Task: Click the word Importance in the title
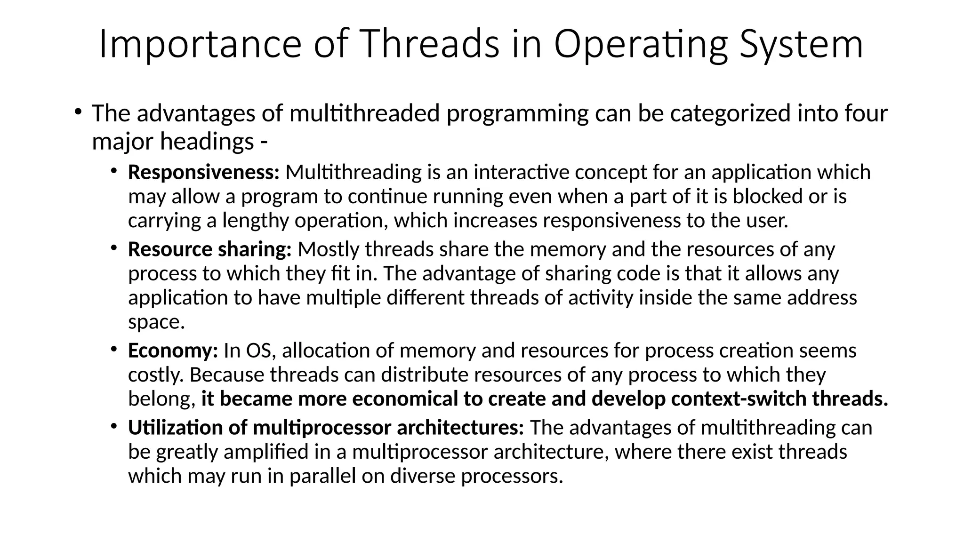[200, 44]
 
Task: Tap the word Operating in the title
[641, 44]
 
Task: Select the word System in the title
[801, 44]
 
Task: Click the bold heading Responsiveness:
[204, 172]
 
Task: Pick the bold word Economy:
[173, 351]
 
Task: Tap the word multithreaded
[365, 113]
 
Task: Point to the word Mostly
[329, 249]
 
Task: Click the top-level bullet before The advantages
[78, 112]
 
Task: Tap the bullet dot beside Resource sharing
[114, 248]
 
